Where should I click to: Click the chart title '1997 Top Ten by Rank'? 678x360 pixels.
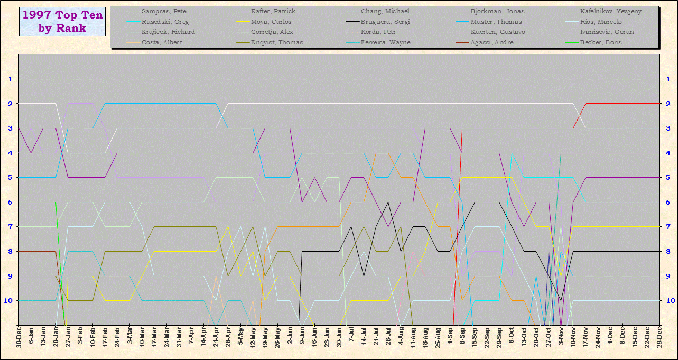pyautogui.click(x=63, y=21)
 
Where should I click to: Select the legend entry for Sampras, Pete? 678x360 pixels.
pyautogui.click(x=164, y=11)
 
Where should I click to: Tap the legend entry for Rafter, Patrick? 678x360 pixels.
pyautogui.click(x=273, y=11)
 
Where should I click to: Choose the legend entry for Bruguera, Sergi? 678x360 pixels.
pyautogui.click(x=385, y=22)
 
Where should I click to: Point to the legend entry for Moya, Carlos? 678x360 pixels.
pyautogui.click(x=271, y=22)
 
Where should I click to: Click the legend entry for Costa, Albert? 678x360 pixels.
pyautogui.click(x=161, y=42)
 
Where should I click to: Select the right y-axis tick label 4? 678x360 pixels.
pyautogui.click(x=668, y=153)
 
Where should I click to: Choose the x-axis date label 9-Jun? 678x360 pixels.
pyautogui.click(x=302, y=338)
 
